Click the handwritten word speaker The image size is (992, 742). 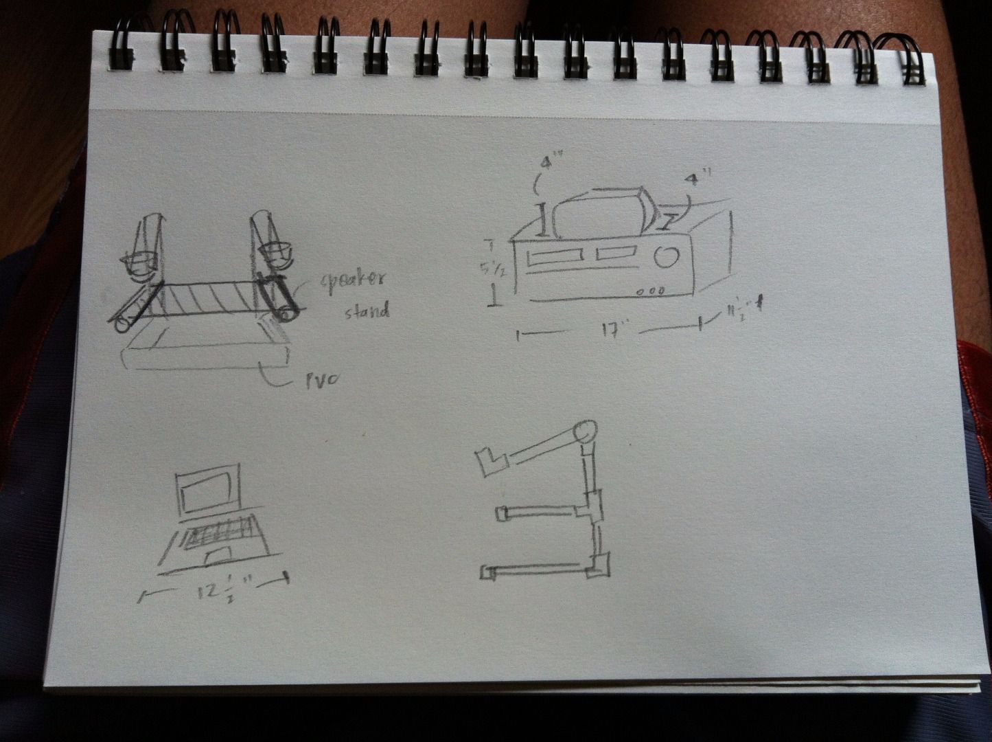tap(354, 281)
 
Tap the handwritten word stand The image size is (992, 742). tap(367, 311)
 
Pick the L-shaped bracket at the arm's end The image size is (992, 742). tap(491, 461)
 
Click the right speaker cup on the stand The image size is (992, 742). tap(277, 252)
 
